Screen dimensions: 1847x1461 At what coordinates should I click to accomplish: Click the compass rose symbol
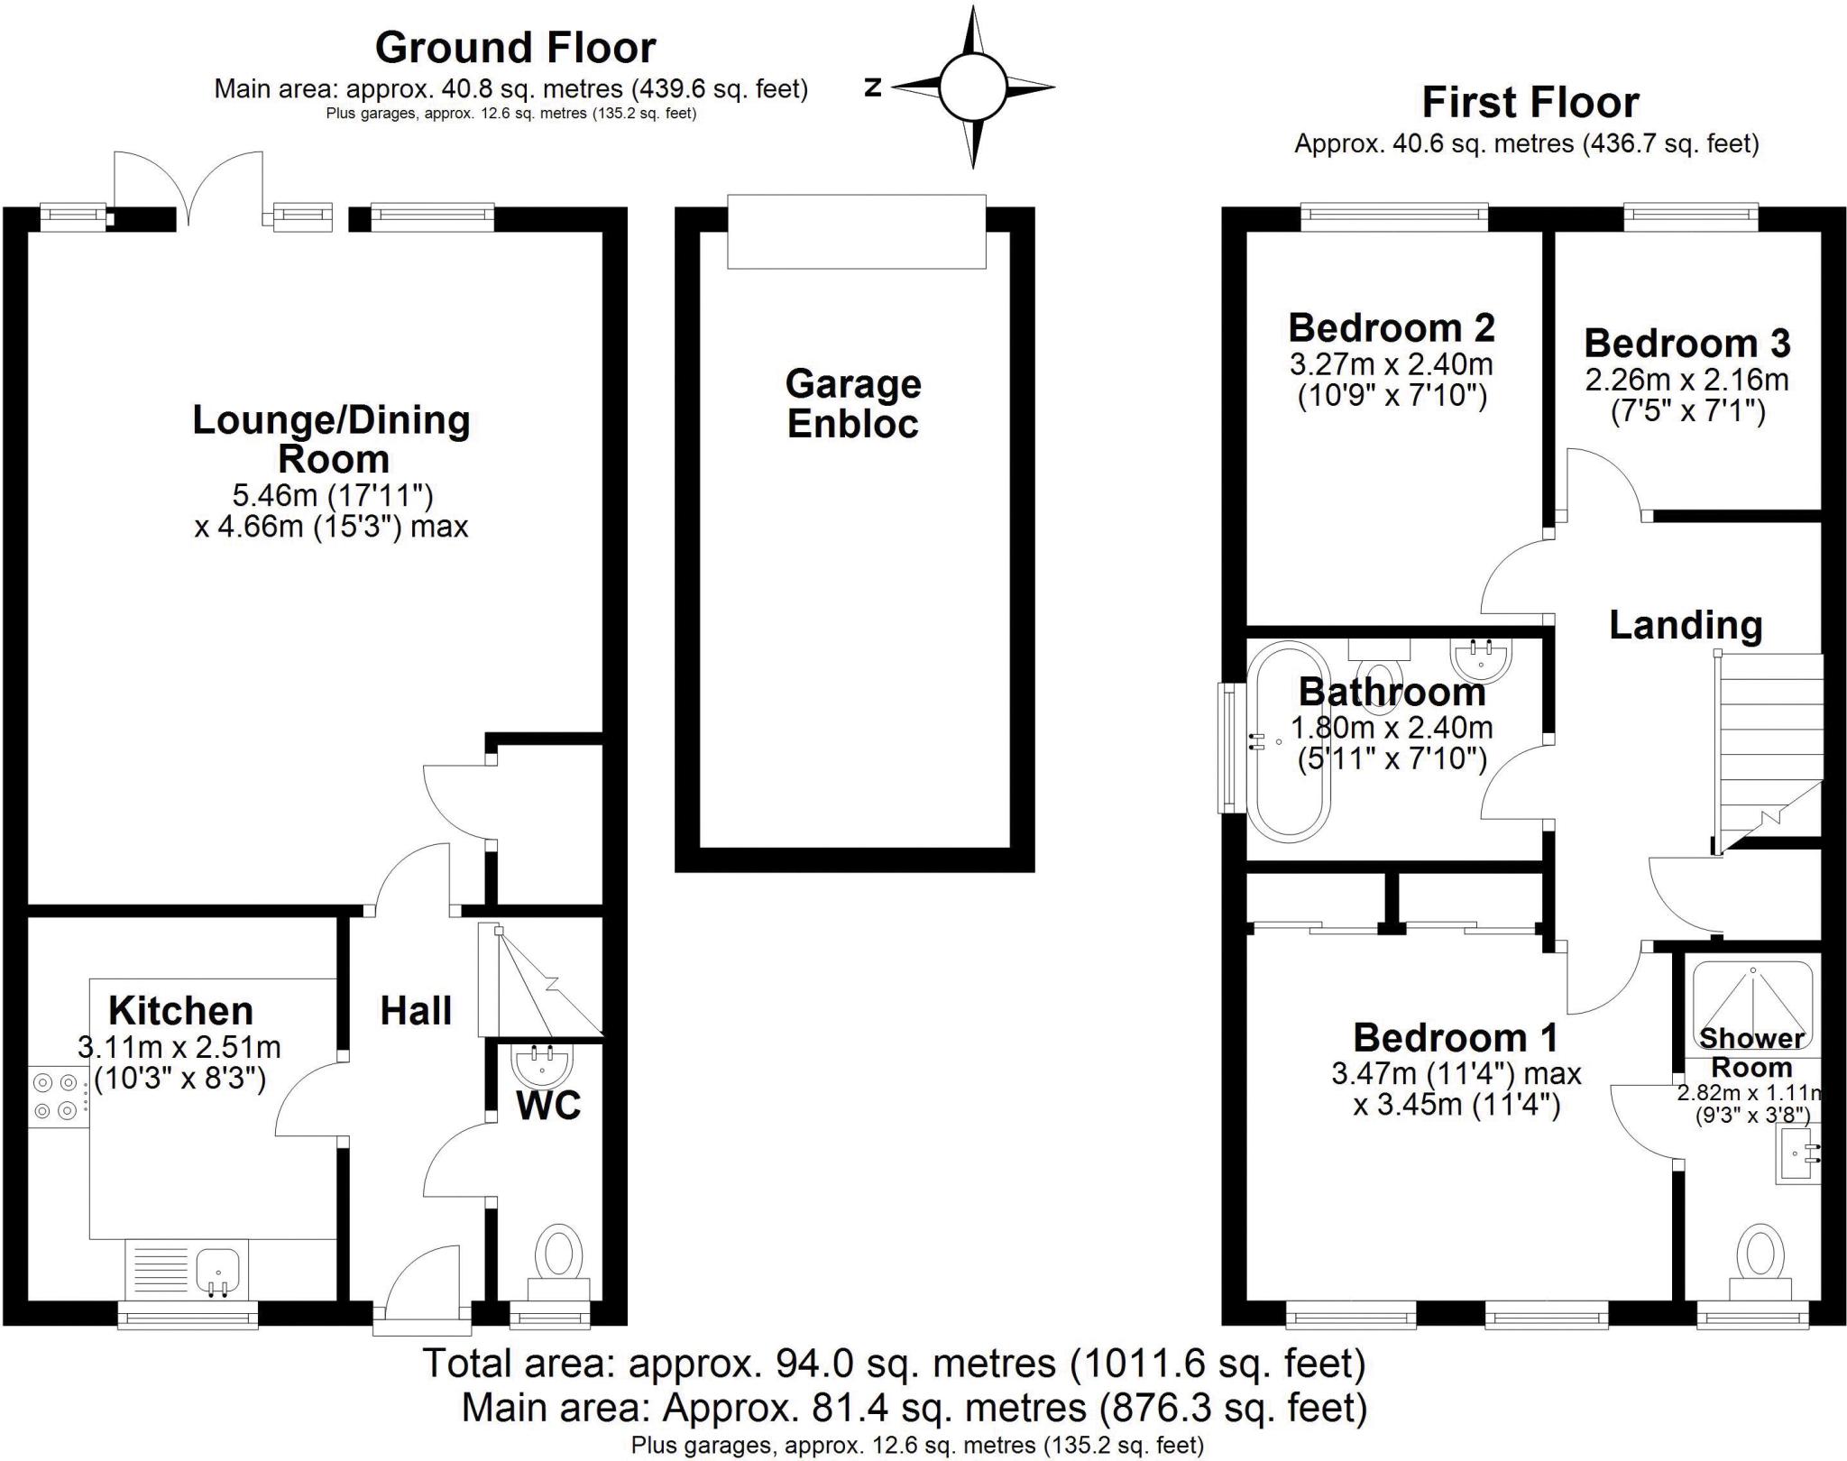coord(972,87)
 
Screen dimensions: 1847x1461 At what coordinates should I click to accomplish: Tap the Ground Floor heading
coord(515,48)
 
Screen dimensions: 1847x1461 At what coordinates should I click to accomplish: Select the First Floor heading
coord(1530,103)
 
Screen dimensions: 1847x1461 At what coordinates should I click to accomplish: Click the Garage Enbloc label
coord(853,403)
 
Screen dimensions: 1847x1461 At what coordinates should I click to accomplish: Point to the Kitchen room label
coord(180,1011)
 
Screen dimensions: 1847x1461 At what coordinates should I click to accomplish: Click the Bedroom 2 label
coord(1392,327)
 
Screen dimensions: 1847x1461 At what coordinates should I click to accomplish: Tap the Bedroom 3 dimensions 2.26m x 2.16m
coord(1686,380)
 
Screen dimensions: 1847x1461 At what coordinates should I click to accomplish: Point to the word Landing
coord(1686,625)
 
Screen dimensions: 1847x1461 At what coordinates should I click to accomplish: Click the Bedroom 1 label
coord(1456,1037)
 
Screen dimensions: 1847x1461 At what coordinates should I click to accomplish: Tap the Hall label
coord(416,1011)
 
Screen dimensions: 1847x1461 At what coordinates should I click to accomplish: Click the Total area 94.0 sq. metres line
coord(895,1363)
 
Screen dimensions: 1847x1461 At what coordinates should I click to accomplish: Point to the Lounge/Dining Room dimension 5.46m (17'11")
coord(333,494)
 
